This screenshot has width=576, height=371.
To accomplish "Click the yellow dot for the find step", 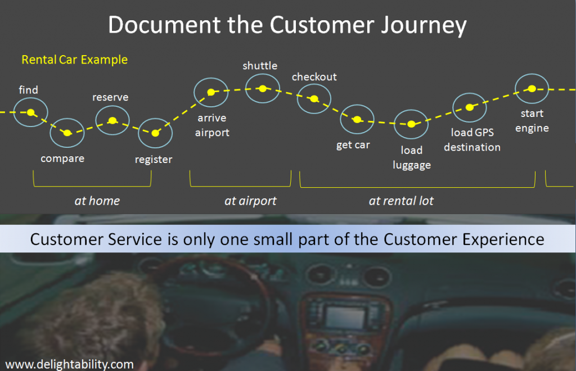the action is coord(31,112).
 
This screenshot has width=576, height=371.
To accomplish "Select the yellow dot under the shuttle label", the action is coord(263,88).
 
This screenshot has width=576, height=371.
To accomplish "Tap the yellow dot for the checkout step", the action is coord(314,99).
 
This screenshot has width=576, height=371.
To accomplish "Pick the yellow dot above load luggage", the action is coord(411,124).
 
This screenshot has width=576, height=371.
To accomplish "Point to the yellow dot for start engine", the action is coord(532,88).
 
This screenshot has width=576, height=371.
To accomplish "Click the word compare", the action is coord(62,159).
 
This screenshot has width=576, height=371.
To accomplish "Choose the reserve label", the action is coord(110,97).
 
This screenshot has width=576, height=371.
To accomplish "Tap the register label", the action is coord(154,160).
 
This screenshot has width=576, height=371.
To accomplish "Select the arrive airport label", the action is coord(212,125).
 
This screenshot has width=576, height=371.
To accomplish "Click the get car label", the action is coord(353,145).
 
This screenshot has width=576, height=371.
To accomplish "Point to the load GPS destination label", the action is coord(472,140).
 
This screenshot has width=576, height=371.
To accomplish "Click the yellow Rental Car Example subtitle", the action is coord(75,60).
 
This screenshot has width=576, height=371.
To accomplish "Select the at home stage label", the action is coord(97,201).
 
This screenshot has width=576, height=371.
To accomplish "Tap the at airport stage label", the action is coord(250,201).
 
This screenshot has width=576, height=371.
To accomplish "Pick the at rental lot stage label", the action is coord(401,201).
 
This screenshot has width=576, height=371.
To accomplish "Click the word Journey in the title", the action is coord(423,25).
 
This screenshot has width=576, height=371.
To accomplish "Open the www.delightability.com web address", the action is coord(69,364).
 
